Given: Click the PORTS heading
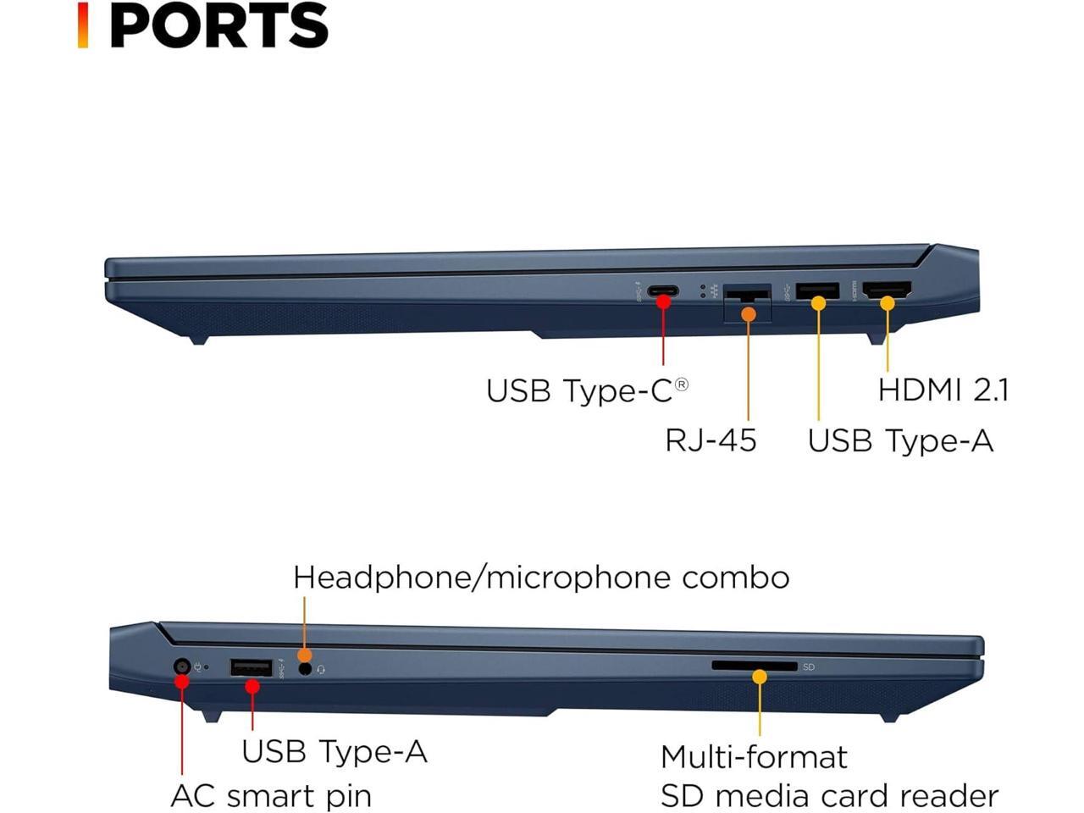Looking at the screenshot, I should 218,25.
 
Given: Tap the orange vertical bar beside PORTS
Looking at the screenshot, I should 83,25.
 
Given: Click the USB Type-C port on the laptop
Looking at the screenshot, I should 663,292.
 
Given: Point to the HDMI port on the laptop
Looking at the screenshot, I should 887,290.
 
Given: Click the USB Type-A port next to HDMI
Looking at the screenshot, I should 817,291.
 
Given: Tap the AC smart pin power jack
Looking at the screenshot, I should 181,666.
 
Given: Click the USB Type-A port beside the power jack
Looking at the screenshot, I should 251,667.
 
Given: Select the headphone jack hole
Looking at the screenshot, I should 306,669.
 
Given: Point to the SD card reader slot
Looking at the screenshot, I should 754,666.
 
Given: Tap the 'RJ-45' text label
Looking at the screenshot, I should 710,440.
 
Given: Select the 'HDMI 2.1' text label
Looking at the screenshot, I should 943,390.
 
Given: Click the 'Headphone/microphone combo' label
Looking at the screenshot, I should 541,578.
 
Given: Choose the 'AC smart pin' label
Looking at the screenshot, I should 271,796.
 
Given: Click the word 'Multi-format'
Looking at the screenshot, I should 754,756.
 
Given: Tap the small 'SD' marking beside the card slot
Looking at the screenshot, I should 809,667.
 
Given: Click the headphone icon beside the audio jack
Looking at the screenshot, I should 321,670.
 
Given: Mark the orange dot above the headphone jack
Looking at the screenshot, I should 304,655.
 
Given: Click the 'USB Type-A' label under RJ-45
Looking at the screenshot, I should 900,440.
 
